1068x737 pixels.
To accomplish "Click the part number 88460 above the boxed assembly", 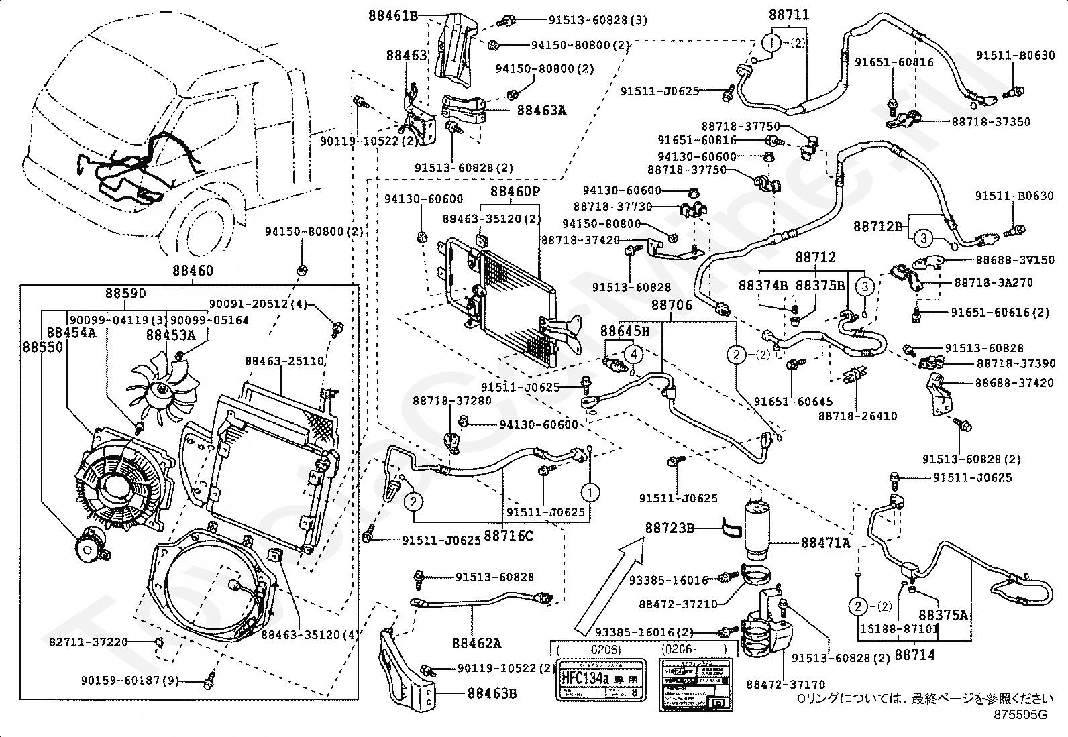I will click(x=193, y=272).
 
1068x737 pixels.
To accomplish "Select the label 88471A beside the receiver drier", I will click(x=824, y=543).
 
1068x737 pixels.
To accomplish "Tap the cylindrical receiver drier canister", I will click(x=761, y=527).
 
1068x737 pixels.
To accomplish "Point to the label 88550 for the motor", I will click(x=42, y=347).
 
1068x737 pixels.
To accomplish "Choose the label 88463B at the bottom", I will click(x=492, y=693).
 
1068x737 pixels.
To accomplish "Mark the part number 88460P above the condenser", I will click(x=515, y=192).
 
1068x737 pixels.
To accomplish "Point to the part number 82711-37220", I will click(x=88, y=642).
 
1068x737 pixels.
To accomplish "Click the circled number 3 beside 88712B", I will click(x=923, y=237).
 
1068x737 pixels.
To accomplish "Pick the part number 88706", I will click(x=672, y=306).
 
